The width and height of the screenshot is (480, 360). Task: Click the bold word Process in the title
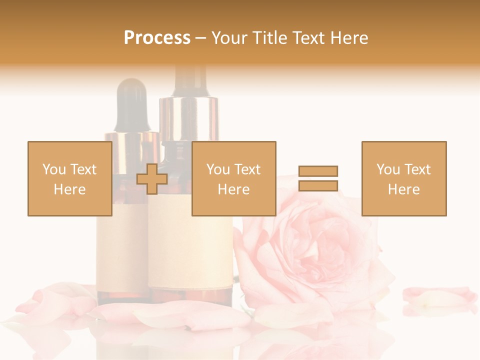pos(157,38)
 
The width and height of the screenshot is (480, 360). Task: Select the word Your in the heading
pos(229,38)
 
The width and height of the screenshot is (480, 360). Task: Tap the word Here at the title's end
pos(348,38)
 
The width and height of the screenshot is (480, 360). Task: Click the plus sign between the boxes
pos(152,179)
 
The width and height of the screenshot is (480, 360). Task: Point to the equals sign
pos(318,178)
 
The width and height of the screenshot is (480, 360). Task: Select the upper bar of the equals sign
pos(318,171)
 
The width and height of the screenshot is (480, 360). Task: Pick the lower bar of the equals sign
pos(318,185)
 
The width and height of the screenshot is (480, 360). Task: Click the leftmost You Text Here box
pos(69,178)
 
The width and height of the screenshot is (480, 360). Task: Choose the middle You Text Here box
pos(233,178)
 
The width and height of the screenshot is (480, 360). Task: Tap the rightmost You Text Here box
pos(403,178)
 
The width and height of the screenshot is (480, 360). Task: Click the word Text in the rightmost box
pos(417,169)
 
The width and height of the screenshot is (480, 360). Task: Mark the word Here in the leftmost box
pos(69,189)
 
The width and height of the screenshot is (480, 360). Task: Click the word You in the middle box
pos(218,169)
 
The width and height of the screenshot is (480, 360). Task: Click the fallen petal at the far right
pos(439,295)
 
